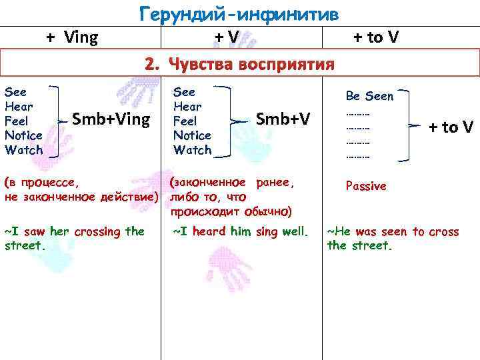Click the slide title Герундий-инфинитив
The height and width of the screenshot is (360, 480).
coord(238,13)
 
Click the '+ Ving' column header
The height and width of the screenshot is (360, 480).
coord(72,37)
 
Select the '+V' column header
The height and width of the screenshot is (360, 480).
coord(227,38)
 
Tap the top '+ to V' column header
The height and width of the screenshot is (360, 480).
coord(376,37)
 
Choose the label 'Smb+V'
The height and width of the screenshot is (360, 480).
coord(283,119)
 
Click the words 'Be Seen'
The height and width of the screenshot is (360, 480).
coord(369,96)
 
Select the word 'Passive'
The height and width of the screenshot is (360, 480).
coord(366,186)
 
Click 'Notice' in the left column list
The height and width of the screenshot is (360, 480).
coord(23,135)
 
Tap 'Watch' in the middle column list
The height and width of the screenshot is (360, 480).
coord(192,150)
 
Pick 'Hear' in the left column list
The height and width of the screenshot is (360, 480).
coord(19,107)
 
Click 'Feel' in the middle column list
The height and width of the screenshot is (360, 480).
coord(185,121)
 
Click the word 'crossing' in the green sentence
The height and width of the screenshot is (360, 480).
coord(99,231)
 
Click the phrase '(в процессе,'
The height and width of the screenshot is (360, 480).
coord(41,181)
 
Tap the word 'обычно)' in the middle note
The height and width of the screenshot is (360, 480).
coord(269,211)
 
